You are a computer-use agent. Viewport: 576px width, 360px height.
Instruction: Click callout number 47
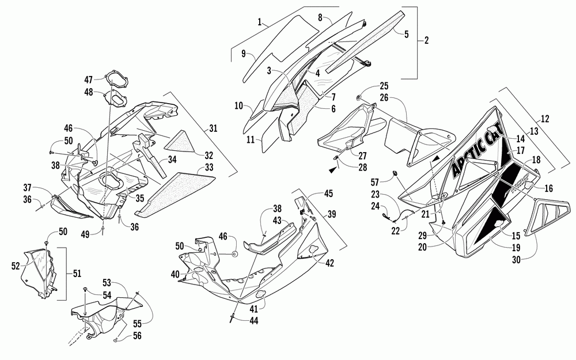click(x=88, y=79)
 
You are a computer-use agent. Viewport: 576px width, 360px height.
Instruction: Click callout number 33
click(x=203, y=168)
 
